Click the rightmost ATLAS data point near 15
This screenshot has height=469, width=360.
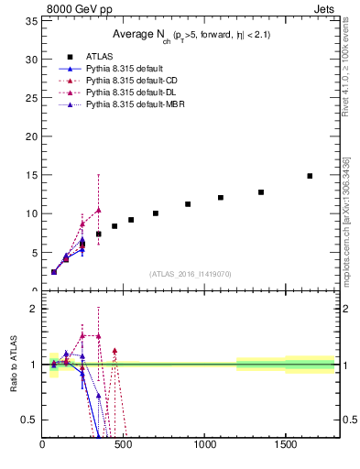[310, 176]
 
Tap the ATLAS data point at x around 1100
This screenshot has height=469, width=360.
[221, 198]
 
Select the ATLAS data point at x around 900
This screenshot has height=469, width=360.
[188, 204]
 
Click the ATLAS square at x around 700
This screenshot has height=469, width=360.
[156, 213]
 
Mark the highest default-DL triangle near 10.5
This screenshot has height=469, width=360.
[98, 210]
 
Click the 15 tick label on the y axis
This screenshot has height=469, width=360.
[33, 175]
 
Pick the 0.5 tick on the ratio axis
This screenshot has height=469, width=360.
[31, 420]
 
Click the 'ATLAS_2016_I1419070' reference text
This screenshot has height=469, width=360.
[191, 274]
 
